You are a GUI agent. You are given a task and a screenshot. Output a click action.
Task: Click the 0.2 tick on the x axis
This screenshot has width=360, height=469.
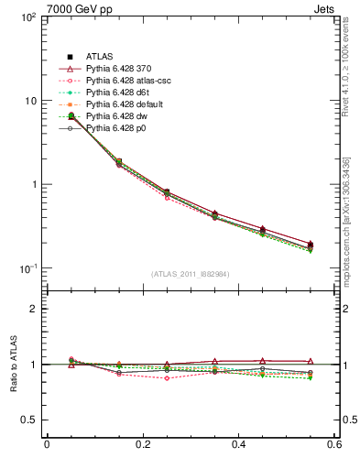click(x=143, y=446)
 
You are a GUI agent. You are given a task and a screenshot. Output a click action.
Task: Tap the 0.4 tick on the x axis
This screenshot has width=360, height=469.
click(x=239, y=446)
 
